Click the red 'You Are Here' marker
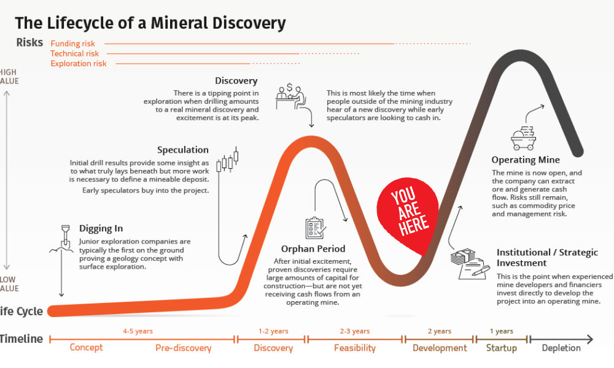pyautogui.click(x=407, y=213)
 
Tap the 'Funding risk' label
pyautogui.click(x=73, y=44)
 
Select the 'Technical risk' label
pyautogui.click(x=74, y=53)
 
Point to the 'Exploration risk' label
pyautogui.click(x=79, y=63)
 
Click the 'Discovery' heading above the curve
pyautogui.click(x=236, y=81)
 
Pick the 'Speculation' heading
pyautogui.click(x=183, y=150)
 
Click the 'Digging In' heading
pyautogui.click(x=101, y=228)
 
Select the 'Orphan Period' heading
pyautogui.click(x=313, y=249)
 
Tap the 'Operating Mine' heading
pyautogui.click(x=526, y=160)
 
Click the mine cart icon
pyautogui.click(x=524, y=138)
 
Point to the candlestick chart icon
pyautogui.click(x=228, y=160)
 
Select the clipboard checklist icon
pyautogui.click(x=315, y=228)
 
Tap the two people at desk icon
pyautogui.click(x=290, y=96)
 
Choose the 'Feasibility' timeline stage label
pyautogui.click(x=355, y=348)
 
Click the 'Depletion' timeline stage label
pyautogui.click(x=561, y=348)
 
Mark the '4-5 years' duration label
pyautogui.click(x=138, y=331)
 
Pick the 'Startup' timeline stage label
pyautogui.click(x=501, y=348)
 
